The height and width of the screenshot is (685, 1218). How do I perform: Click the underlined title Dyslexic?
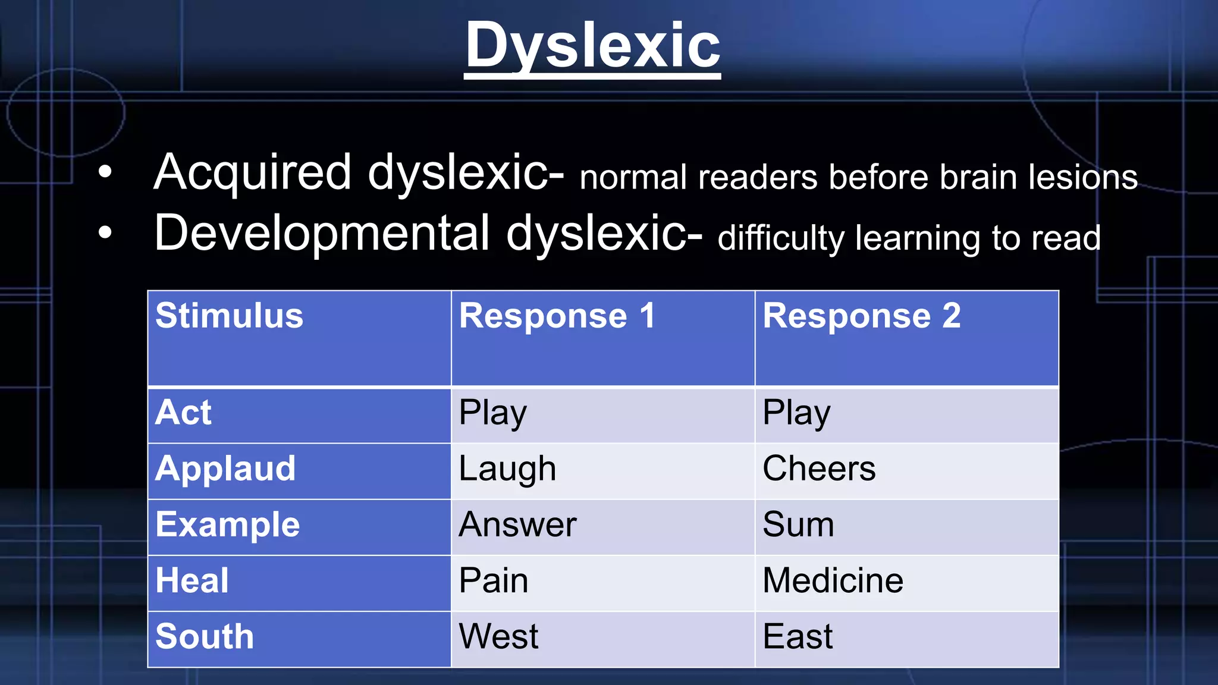click(x=592, y=46)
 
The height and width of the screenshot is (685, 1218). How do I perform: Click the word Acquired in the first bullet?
click(x=253, y=172)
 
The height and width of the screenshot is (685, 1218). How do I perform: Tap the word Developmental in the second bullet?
click(x=322, y=233)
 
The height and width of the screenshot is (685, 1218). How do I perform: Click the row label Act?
click(x=183, y=412)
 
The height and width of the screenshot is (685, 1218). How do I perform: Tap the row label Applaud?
click(x=225, y=469)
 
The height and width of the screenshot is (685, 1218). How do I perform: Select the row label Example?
click(x=228, y=524)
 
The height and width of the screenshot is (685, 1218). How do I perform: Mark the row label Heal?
click(x=192, y=580)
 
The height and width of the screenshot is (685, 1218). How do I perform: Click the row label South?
click(x=205, y=636)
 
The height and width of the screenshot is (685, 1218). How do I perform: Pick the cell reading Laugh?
click(x=507, y=469)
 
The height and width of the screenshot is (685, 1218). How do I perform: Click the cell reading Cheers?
click(x=819, y=469)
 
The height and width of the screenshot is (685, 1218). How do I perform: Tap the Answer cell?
click(x=517, y=524)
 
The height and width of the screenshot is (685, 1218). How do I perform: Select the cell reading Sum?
click(x=798, y=524)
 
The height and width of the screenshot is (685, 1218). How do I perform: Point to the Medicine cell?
click(x=833, y=580)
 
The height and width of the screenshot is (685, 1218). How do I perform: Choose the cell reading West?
click(x=498, y=636)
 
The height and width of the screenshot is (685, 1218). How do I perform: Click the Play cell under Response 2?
click(x=796, y=413)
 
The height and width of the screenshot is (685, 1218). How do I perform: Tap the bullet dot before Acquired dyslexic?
click(x=105, y=172)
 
